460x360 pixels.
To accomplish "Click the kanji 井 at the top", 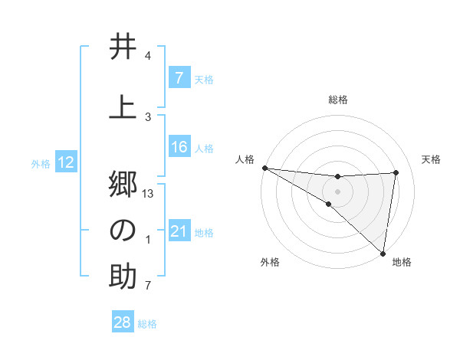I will pyautogui.click(x=123, y=47).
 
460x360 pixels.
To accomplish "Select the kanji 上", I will pyautogui.click(x=123, y=107).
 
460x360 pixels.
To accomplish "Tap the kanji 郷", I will pyautogui.click(x=123, y=184).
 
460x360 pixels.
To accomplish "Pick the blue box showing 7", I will pyautogui.click(x=179, y=78).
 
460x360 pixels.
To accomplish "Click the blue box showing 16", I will pyautogui.click(x=179, y=147).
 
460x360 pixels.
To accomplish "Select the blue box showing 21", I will pyautogui.click(x=179, y=231).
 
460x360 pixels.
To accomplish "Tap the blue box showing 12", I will pyautogui.click(x=66, y=162).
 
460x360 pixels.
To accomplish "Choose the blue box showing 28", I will pyautogui.click(x=123, y=322).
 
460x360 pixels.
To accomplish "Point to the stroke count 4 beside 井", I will pyautogui.click(x=148, y=57).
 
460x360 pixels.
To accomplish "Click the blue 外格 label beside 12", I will pyautogui.click(x=41, y=163).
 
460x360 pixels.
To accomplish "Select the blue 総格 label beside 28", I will pyautogui.click(x=147, y=324).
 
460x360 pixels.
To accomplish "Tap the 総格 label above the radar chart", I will pyautogui.click(x=337, y=100).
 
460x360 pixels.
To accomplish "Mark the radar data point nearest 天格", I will pyautogui.click(x=396, y=172).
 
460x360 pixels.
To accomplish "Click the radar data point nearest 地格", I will pyautogui.click(x=383, y=253).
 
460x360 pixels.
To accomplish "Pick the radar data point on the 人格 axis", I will pyautogui.click(x=264, y=168).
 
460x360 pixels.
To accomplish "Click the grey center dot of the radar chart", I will pyautogui.click(x=337, y=191).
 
